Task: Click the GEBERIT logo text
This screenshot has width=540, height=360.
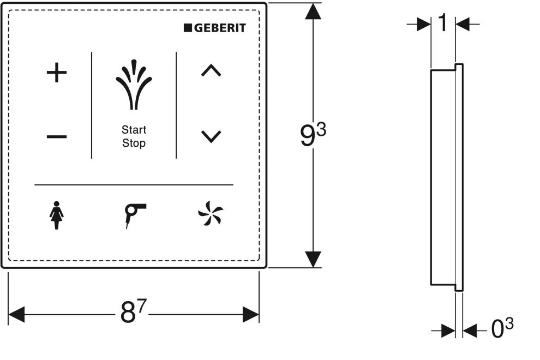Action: [220, 28]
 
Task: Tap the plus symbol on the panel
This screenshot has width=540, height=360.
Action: [57, 73]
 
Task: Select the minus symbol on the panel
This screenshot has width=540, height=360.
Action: [57, 137]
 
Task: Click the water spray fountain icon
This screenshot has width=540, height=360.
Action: [134, 85]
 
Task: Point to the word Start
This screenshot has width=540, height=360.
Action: [134, 130]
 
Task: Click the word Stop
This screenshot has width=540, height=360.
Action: [134, 143]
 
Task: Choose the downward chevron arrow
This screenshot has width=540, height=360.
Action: [211, 136]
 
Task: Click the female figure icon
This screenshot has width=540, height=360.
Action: [57, 215]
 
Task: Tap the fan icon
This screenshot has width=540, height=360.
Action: [211, 214]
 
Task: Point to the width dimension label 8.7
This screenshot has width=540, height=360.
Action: [133, 311]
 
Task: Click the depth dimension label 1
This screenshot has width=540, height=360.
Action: [443, 23]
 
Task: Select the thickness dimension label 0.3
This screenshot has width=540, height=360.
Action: [502, 328]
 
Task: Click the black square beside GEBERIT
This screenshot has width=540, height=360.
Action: [188, 28]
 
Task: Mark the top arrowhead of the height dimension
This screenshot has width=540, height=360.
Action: [313, 11]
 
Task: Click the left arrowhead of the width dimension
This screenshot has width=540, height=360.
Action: [16, 315]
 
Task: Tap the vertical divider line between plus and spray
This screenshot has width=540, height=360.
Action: [92, 105]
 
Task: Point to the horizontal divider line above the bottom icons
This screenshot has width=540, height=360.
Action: [134, 185]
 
